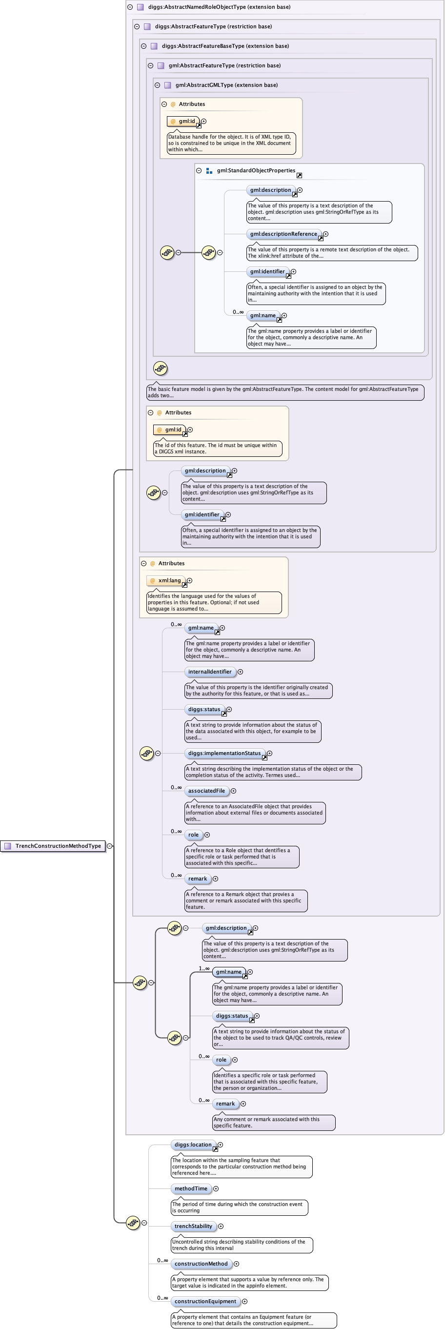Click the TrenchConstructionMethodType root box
(x=53, y=846)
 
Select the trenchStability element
(x=193, y=1226)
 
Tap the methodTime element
(x=191, y=1188)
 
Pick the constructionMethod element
(x=201, y=1264)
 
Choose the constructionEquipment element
(x=205, y=1302)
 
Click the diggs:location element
(x=193, y=1145)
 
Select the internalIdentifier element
(x=210, y=672)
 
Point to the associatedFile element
(x=206, y=791)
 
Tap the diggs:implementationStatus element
(x=224, y=753)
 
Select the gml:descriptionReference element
(x=283, y=234)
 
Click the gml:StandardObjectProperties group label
(x=256, y=170)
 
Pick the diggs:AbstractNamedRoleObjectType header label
(x=219, y=7)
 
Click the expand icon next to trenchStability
(x=221, y=1226)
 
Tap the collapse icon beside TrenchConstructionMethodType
(x=109, y=846)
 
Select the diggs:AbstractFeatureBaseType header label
(x=225, y=46)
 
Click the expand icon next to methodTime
(x=216, y=1188)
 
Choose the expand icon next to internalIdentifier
(x=240, y=672)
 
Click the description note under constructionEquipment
(x=253, y=1320)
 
